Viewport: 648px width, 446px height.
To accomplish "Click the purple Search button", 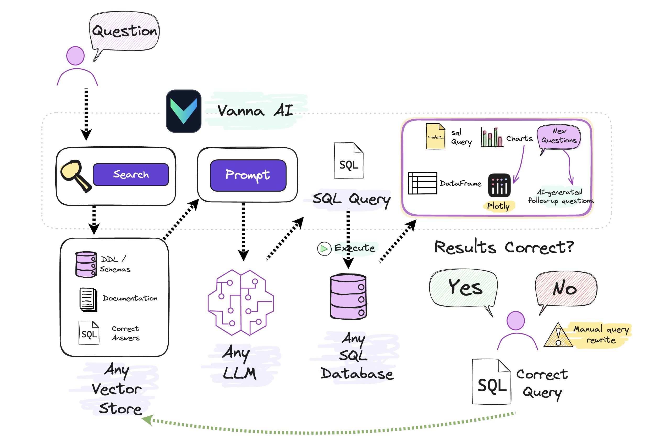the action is pyautogui.click(x=131, y=175).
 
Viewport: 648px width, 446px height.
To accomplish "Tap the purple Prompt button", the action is pyautogui.click(x=248, y=175).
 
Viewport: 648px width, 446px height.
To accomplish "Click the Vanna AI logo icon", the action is pyautogui.click(x=183, y=111).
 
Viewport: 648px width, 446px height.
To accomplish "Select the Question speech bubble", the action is pyautogui.click(x=124, y=34).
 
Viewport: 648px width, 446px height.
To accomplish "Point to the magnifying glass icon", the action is pyautogui.click(x=75, y=175).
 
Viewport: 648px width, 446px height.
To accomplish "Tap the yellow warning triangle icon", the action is pyautogui.click(x=558, y=336).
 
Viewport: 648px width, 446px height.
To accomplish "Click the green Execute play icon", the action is pyautogui.click(x=324, y=249).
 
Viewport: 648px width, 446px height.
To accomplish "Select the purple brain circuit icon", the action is pyautogui.click(x=241, y=303).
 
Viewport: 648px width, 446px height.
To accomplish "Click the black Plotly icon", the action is pyautogui.click(x=499, y=186).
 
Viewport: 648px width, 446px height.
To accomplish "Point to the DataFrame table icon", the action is pyautogui.click(x=422, y=183).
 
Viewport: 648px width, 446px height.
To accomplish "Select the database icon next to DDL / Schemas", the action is pyautogui.click(x=86, y=264).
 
